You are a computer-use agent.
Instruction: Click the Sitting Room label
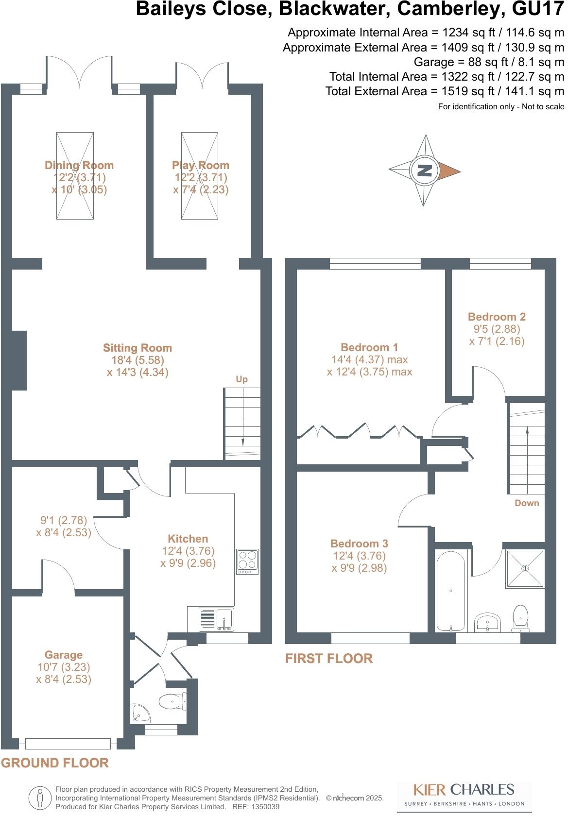(138, 348)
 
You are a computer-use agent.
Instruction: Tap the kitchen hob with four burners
(247, 561)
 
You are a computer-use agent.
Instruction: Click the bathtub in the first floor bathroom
(450, 591)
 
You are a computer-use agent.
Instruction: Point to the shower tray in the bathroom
(525, 568)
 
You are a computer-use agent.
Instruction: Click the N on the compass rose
(425, 170)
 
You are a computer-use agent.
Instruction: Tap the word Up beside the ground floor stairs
(241, 379)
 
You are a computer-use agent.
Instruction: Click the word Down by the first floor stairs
(527, 503)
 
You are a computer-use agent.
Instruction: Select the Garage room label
(64, 655)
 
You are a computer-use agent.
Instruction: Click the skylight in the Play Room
(200, 176)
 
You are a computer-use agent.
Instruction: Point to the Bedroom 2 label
(497, 317)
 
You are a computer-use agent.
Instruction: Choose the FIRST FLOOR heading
(329, 659)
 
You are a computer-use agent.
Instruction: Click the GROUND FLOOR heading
(55, 763)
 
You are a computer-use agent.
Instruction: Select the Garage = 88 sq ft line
(489, 62)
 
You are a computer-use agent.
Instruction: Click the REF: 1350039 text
(256, 807)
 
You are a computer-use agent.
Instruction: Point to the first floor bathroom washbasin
(487, 623)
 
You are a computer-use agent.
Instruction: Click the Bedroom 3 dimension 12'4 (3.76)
(359, 556)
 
